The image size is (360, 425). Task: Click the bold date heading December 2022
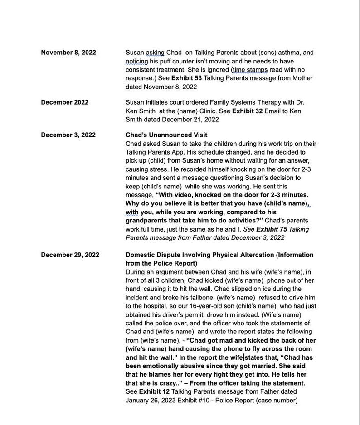64,102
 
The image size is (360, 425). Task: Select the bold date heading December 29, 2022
70,255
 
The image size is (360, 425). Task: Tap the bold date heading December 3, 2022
68,135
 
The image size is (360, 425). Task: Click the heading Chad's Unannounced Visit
166,135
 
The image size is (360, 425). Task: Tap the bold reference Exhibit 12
154,392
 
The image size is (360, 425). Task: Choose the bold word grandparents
147,221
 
